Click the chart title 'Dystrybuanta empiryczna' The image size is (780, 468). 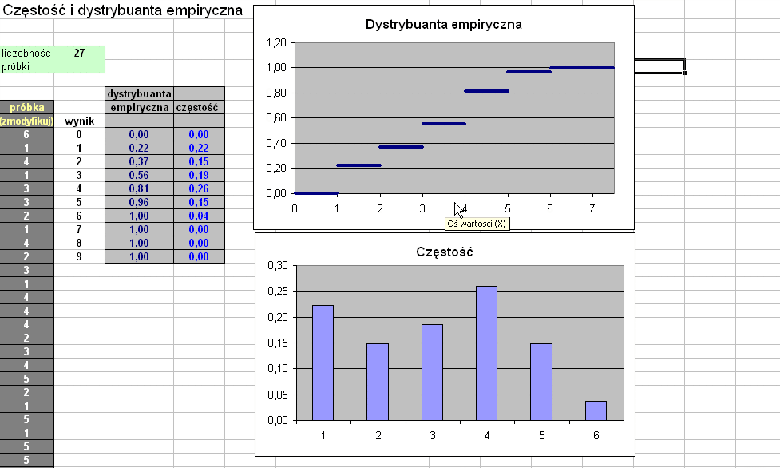[443, 24]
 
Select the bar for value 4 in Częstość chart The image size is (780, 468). [486, 352]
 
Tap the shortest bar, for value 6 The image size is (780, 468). [596, 410]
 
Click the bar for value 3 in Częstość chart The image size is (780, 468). [432, 371]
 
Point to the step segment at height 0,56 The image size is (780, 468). [443, 124]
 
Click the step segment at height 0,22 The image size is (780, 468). [358, 165]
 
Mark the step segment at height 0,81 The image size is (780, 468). [486, 91]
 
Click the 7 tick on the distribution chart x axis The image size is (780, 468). [592, 208]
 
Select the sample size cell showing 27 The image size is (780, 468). [79, 54]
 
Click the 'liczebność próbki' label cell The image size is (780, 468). [26, 60]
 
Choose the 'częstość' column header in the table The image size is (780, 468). [199, 106]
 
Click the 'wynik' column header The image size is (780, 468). [80, 121]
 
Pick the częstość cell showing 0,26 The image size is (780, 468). [199, 188]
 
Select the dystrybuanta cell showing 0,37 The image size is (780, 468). [139, 161]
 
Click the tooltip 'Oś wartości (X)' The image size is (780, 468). [477, 224]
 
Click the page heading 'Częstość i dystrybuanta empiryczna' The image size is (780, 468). [121, 13]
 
